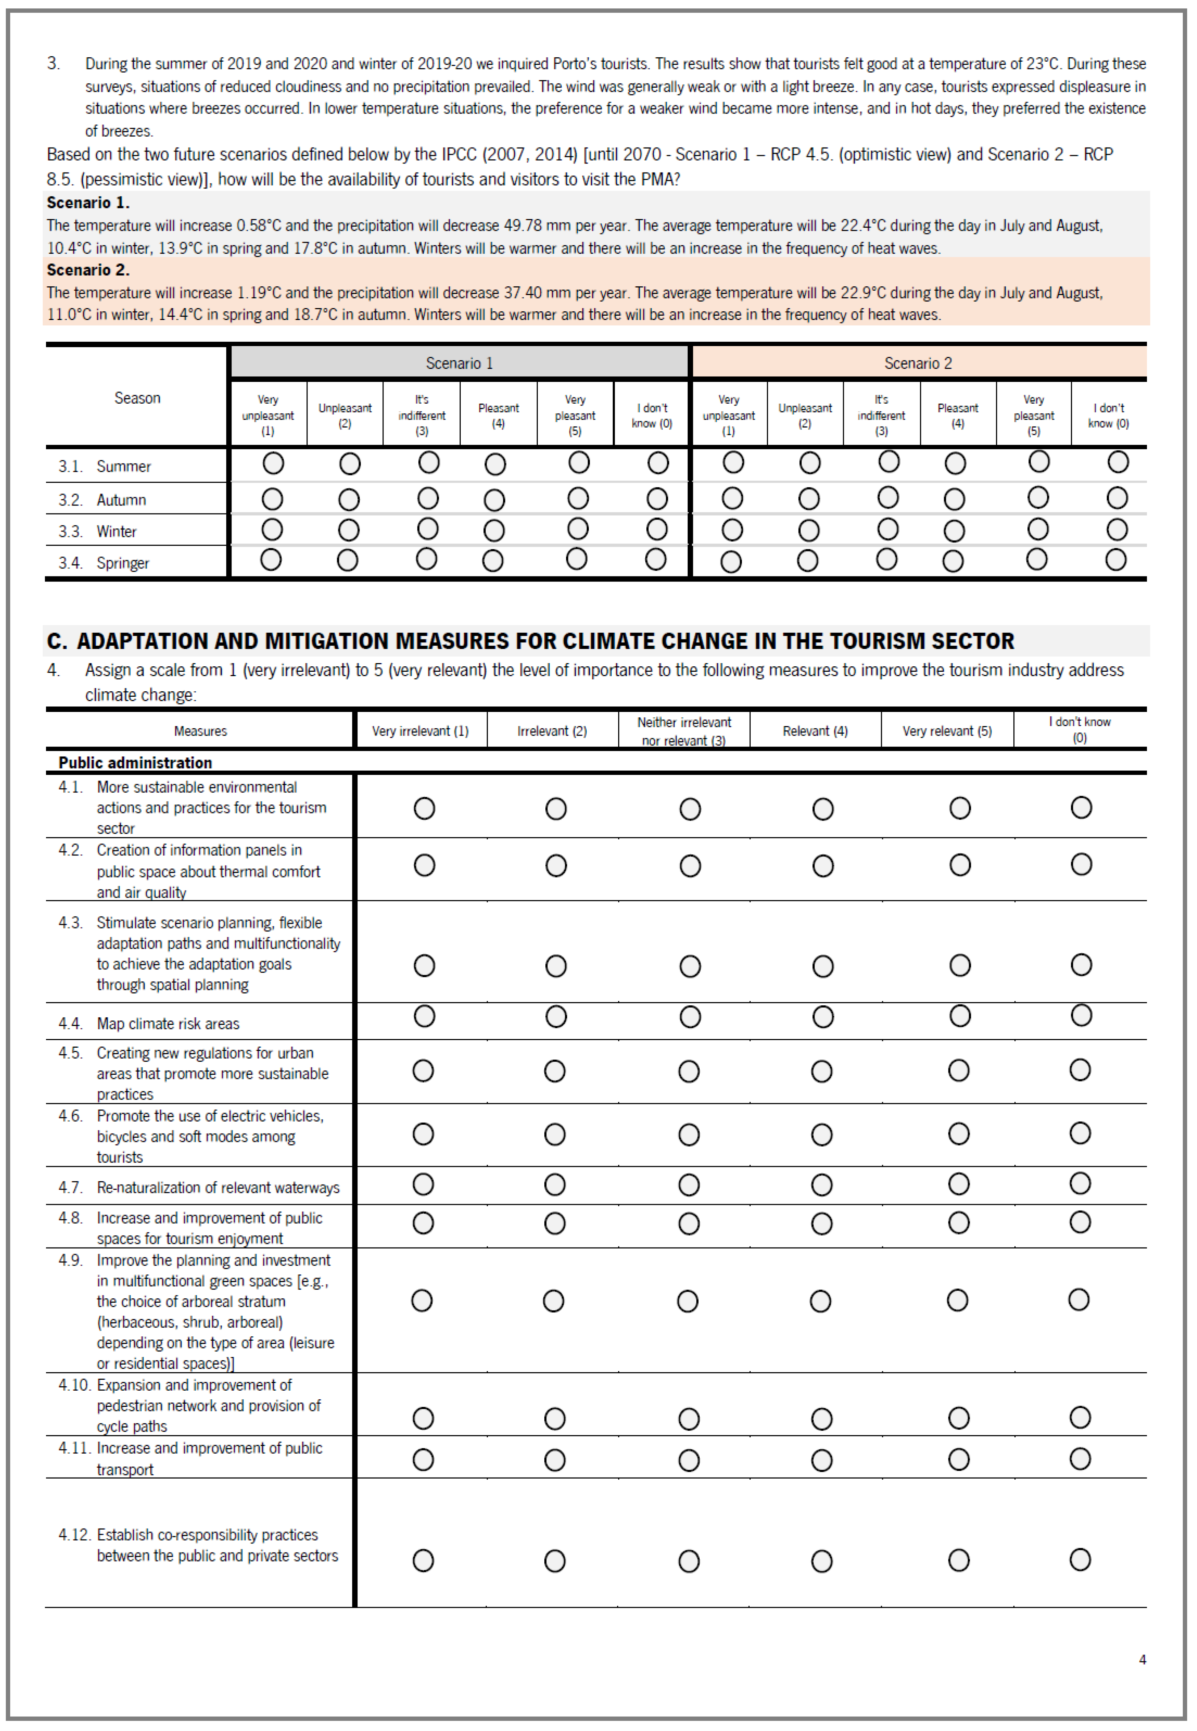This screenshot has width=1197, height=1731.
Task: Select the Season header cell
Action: (x=137, y=398)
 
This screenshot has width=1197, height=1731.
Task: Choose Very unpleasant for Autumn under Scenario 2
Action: (x=732, y=499)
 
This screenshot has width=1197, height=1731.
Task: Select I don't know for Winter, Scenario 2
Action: (x=1117, y=530)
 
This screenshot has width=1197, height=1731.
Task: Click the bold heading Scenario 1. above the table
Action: (x=88, y=202)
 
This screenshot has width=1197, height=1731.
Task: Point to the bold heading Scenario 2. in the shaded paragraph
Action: (x=88, y=270)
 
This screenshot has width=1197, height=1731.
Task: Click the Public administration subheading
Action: (x=135, y=762)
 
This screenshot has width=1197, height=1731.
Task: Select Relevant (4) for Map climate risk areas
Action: (x=823, y=1017)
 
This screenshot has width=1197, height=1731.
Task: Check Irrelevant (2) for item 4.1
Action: (x=556, y=809)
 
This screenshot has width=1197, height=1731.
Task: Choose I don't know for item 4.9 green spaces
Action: (x=1078, y=1300)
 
